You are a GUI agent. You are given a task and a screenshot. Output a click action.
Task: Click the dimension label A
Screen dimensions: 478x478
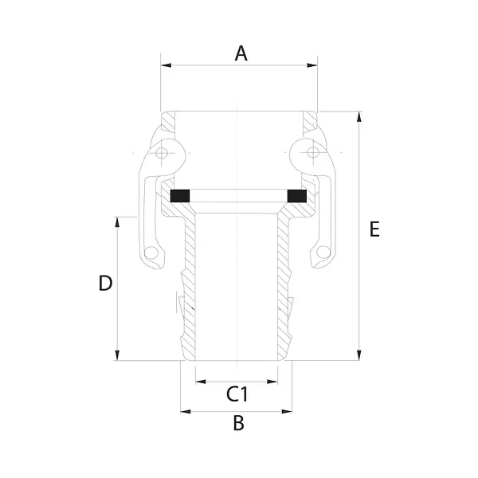click(x=241, y=53)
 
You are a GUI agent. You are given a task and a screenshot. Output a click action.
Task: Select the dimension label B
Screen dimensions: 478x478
click(x=239, y=423)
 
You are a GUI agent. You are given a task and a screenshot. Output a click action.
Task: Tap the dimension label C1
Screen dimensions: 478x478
click(x=237, y=394)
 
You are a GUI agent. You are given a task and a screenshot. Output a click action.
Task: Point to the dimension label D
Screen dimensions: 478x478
click(x=105, y=283)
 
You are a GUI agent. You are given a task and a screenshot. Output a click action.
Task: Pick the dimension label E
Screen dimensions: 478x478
click(x=374, y=229)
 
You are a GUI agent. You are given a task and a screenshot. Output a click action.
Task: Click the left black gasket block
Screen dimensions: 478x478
click(x=180, y=196)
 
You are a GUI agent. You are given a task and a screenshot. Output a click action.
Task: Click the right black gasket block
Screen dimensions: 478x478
click(x=297, y=196)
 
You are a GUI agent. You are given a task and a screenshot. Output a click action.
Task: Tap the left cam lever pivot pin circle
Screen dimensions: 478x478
click(x=161, y=152)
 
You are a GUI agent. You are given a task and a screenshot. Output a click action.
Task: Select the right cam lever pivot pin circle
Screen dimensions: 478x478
click(x=313, y=152)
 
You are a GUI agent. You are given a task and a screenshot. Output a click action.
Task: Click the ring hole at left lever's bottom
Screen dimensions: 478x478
click(x=151, y=253)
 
